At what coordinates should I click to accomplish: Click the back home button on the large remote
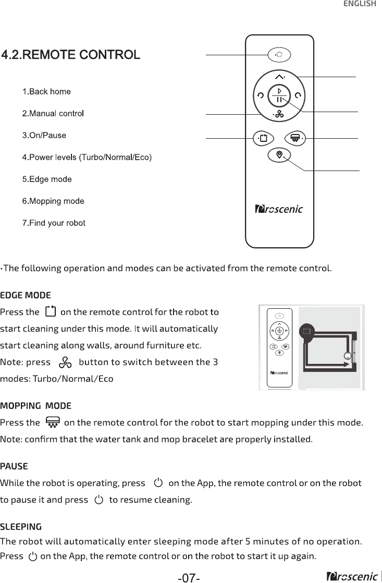coord(279,54)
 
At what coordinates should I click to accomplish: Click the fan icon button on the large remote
coord(279,114)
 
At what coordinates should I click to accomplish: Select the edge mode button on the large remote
coord(263,139)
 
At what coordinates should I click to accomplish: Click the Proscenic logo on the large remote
coord(279,210)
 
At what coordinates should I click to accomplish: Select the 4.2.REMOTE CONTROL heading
coord(71,54)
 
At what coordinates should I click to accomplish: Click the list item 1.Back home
coord(46,92)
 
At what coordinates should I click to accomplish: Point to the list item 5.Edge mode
coord(47,179)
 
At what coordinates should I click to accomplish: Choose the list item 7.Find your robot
coord(54,223)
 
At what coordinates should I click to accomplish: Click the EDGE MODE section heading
coord(26,296)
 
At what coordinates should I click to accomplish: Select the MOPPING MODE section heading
coord(36,406)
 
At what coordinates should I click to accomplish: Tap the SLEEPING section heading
coord(21,526)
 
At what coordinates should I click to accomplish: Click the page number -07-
coord(189,577)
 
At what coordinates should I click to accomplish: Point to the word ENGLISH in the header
coord(359,4)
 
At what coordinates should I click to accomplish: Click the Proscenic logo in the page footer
coord(352,576)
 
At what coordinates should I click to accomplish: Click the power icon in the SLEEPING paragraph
coord(33,556)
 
